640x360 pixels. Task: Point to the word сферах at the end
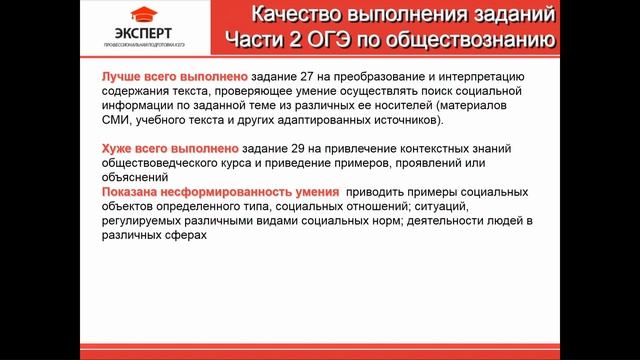pos(186,236)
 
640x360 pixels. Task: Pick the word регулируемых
pos(147,221)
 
